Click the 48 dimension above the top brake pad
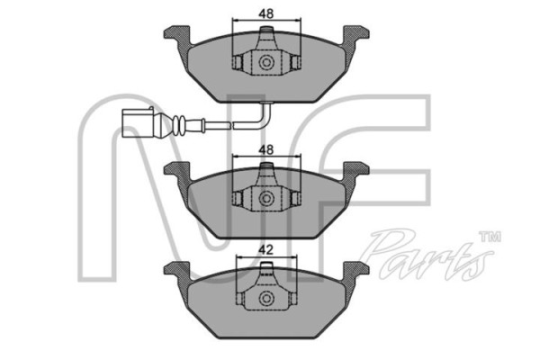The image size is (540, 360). [x=266, y=13]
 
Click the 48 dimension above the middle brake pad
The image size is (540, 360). [x=266, y=150]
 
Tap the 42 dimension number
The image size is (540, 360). [x=265, y=249]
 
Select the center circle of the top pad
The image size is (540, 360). [x=266, y=63]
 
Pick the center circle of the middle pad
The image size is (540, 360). [x=266, y=199]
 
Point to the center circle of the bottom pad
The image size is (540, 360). [x=266, y=298]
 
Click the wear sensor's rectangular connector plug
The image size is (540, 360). [x=137, y=123]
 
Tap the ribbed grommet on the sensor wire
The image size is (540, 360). [x=179, y=124]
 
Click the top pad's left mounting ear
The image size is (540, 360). [x=177, y=35]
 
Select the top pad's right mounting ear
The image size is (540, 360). [x=355, y=35]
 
